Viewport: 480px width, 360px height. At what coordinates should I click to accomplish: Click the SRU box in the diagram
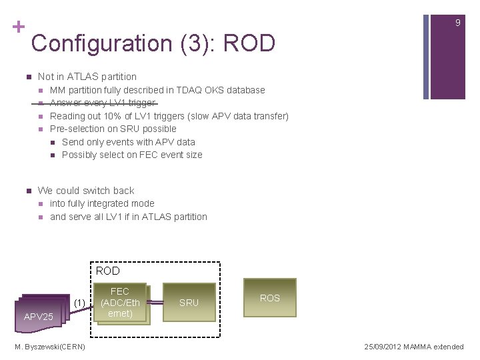189,303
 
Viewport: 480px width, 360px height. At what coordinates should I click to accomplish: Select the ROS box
269,297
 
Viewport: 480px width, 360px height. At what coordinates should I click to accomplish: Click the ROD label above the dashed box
107,271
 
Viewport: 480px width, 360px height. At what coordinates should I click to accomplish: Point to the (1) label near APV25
79,303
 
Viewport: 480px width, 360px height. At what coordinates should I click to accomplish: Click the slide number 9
457,23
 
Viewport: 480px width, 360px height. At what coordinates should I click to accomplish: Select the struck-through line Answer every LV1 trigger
103,103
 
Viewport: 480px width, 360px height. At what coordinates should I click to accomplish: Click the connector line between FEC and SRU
156,303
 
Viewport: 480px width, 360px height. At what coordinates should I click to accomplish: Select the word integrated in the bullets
109,203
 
